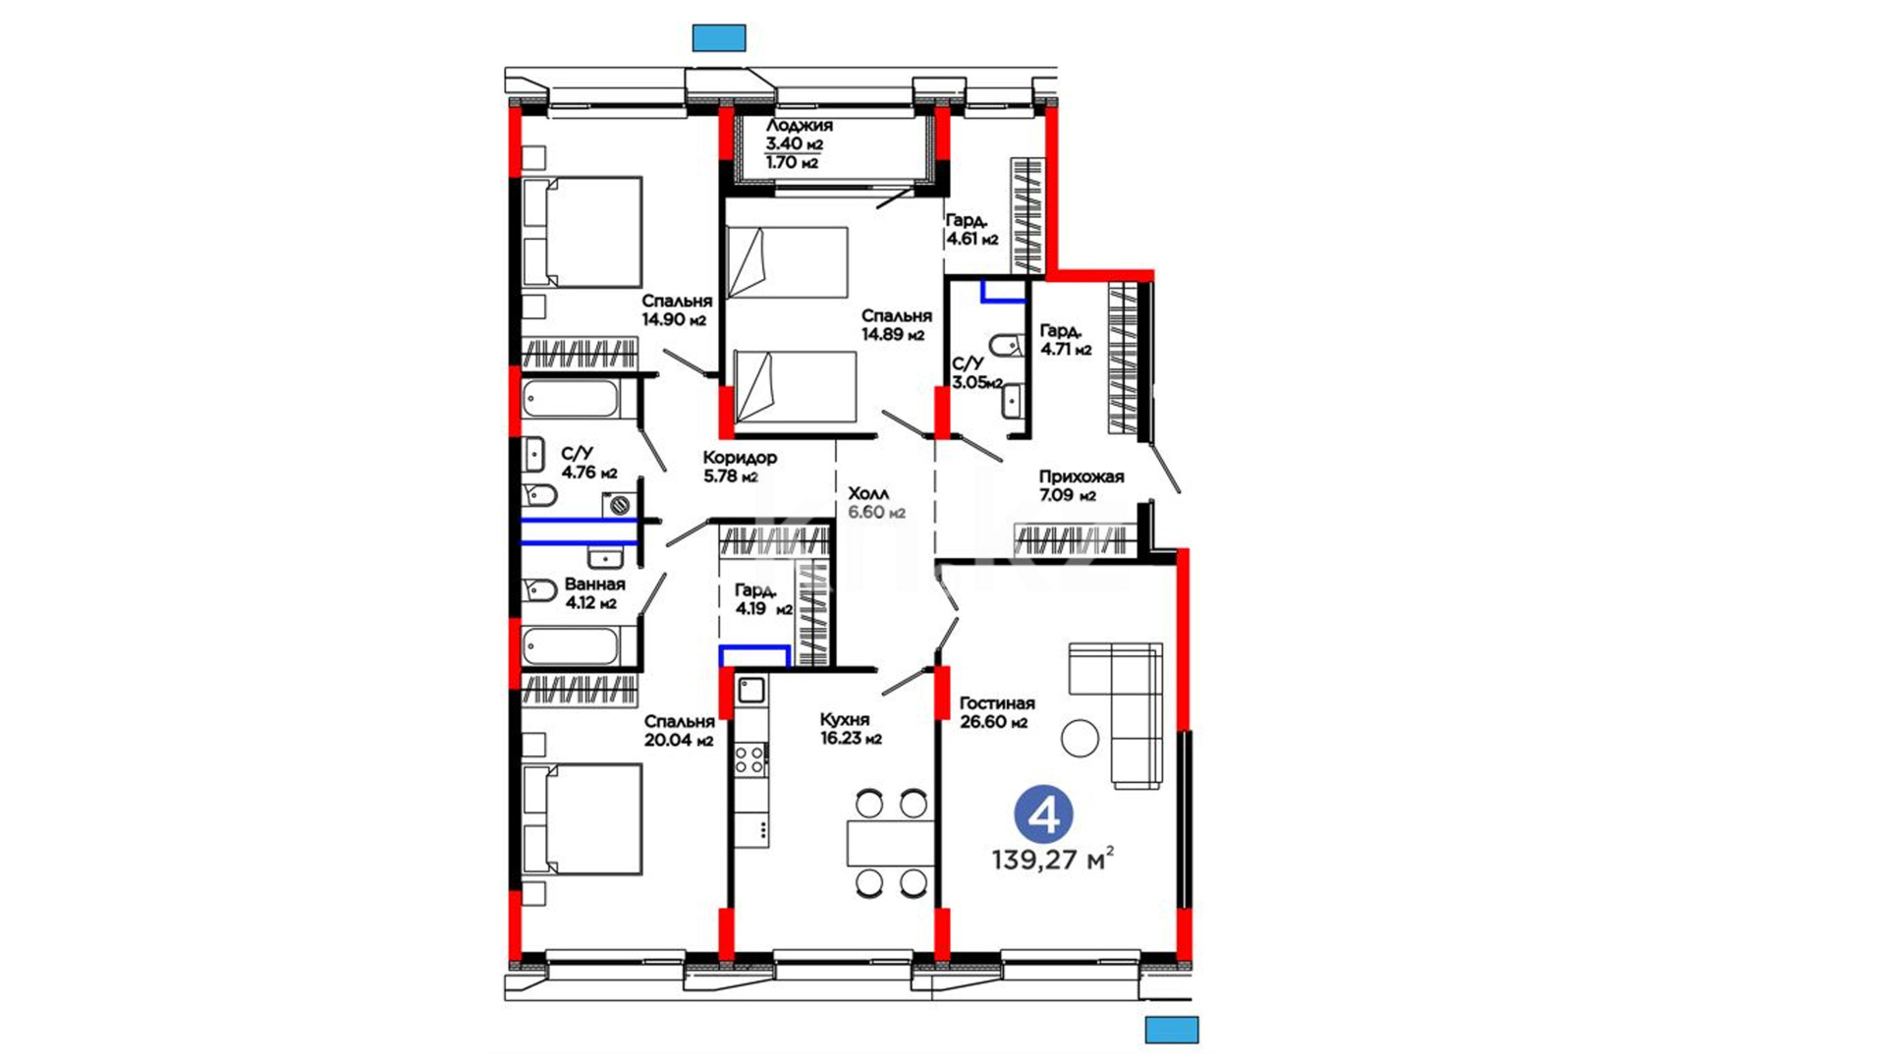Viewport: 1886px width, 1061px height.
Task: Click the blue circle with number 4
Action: (x=1043, y=814)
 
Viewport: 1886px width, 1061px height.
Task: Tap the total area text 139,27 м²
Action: (x=1053, y=861)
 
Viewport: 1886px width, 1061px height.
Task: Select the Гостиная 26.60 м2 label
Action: (x=997, y=713)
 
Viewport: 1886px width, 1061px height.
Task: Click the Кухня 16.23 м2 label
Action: (x=851, y=729)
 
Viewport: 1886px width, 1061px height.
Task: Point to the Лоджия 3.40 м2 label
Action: (x=799, y=135)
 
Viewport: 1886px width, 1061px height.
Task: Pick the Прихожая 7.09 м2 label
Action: (x=1082, y=485)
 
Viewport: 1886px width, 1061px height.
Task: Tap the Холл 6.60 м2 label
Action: (x=876, y=503)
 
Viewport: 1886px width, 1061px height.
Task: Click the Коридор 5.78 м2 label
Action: (x=740, y=467)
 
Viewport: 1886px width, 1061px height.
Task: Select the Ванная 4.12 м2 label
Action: (x=594, y=593)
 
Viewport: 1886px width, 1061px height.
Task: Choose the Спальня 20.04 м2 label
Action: (x=679, y=731)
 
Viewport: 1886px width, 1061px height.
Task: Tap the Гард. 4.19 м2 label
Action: (x=763, y=599)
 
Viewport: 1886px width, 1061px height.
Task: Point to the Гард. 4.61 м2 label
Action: (x=971, y=230)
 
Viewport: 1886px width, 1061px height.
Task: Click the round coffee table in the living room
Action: (x=1081, y=739)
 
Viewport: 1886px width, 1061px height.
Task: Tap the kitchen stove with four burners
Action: (x=750, y=758)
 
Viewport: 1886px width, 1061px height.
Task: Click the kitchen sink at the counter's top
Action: (x=751, y=690)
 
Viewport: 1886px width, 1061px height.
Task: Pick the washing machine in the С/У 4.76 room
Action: (x=619, y=506)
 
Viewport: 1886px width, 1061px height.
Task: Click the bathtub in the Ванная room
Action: (x=570, y=646)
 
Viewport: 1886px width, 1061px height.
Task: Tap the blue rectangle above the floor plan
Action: (x=719, y=38)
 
